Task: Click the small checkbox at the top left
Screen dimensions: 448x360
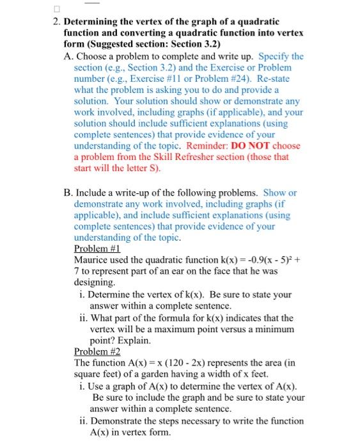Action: click(x=56, y=9)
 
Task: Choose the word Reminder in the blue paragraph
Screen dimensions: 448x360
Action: click(x=212, y=145)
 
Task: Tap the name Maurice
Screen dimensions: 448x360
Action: click(x=92, y=260)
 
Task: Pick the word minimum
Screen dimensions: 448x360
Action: click(x=270, y=329)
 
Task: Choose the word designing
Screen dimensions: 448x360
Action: click(x=94, y=282)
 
